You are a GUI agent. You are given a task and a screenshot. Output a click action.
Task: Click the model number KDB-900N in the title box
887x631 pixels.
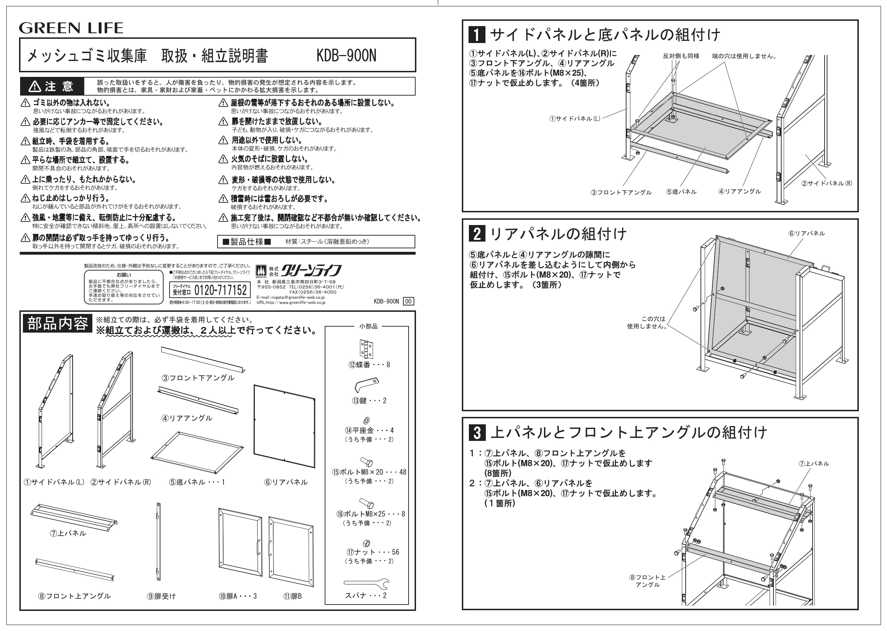(346, 56)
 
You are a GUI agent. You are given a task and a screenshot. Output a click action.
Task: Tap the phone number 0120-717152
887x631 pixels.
(220, 290)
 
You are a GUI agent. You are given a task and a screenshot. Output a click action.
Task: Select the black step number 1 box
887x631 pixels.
(477, 34)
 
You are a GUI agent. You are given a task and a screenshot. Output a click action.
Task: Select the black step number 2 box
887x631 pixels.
(477, 233)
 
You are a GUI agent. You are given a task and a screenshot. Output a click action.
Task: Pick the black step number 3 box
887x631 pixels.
(477, 432)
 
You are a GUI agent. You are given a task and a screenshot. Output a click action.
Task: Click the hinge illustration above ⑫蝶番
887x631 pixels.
(366, 348)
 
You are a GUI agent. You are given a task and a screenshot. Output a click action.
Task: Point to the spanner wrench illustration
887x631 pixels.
(366, 583)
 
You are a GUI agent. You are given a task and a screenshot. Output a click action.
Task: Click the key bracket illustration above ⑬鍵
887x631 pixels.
(366, 385)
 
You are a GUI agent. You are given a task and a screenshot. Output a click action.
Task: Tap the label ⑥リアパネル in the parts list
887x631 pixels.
(286, 482)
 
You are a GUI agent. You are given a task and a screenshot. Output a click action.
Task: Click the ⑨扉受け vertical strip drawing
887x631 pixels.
(158, 541)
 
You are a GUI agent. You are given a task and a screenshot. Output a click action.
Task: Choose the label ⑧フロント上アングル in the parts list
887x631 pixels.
(74, 596)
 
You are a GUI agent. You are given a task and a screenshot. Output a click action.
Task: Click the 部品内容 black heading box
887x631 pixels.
(57, 323)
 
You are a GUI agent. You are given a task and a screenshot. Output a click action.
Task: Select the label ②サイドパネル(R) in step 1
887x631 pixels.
(826, 183)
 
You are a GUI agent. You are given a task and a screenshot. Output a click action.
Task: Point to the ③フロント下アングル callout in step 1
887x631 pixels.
(621, 192)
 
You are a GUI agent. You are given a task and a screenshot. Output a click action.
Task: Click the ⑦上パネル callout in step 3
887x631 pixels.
(814, 463)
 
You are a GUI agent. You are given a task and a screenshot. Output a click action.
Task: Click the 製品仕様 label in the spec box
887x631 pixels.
(246, 242)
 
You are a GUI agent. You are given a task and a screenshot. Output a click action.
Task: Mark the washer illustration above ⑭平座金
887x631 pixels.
(366, 420)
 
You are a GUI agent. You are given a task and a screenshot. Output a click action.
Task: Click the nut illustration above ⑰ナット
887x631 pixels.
(366, 544)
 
